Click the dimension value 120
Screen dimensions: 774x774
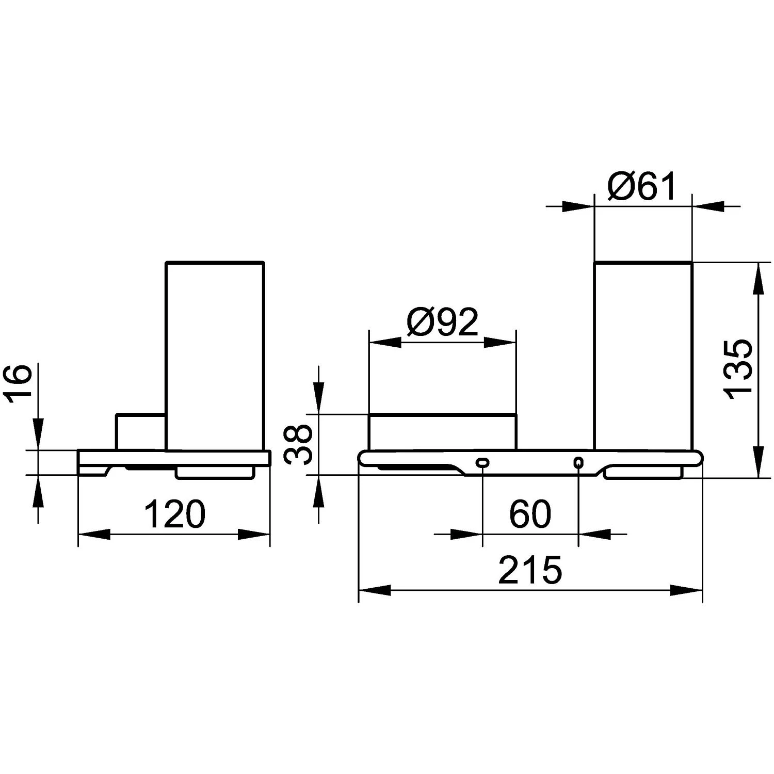pos(174,514)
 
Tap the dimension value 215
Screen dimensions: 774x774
pos(530,570)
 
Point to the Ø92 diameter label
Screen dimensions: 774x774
pos(443,323)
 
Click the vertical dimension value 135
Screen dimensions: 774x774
pos(738,369)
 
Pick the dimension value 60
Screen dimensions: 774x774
pos(530,514)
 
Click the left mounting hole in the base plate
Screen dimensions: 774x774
pos(482,463)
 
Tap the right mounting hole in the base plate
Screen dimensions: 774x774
pos(578,463)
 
